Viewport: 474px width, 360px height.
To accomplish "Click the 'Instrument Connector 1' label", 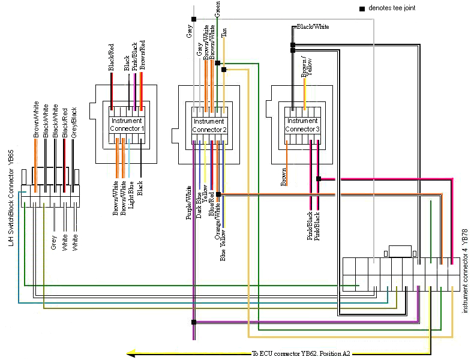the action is coord(127,125).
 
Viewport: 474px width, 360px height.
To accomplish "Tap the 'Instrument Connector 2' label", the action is coord(209,125).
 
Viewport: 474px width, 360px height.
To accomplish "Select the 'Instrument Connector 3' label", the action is coord(302,125).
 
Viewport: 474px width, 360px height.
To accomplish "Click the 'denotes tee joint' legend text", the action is coord(392,8).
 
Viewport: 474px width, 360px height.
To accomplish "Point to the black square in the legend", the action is coord(362,9).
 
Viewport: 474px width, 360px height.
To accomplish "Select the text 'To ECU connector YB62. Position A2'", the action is coord(301,353).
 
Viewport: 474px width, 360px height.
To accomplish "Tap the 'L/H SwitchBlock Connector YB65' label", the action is coord(11,198).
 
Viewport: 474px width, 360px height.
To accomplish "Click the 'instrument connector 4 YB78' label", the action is coord(465,271).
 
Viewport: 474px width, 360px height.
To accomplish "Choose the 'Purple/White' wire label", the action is coord(188,203).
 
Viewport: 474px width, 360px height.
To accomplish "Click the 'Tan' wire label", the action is coord(224,32).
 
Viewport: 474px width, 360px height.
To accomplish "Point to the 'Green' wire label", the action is coord(217,9).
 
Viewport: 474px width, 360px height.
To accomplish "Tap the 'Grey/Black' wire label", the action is coord(74,123).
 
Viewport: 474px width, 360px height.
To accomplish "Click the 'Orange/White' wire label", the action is coord(217,221).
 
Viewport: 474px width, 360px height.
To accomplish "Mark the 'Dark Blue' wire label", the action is coord(199,205).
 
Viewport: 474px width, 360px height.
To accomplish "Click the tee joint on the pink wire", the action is coord(319,179).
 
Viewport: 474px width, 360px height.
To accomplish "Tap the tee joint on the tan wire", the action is coord(224,70).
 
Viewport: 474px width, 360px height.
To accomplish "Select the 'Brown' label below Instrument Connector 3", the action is coord(283,177).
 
